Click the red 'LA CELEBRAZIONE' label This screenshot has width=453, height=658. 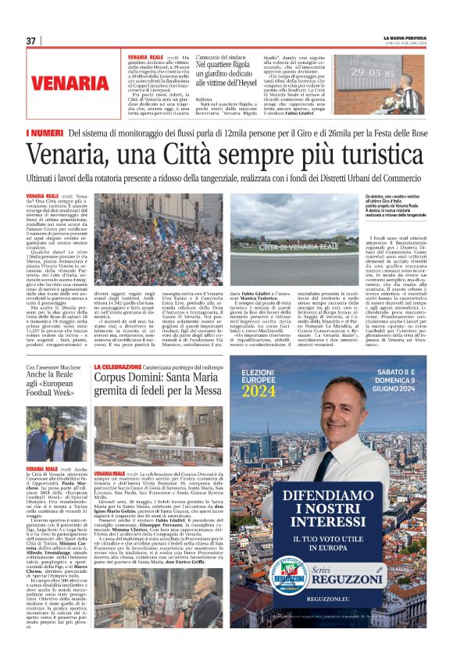[116, 367]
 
